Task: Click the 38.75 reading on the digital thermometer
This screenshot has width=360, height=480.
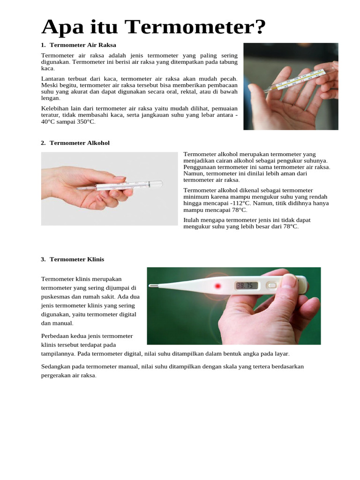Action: (x=245, y=285)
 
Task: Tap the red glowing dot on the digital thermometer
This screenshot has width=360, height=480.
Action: (x=217, y=286)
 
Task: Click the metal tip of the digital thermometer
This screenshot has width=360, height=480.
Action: (x=153, y=286)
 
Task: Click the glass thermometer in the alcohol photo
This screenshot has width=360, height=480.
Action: (x=120, y=185)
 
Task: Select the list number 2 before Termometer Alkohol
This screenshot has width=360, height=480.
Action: (x=43, y=143)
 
